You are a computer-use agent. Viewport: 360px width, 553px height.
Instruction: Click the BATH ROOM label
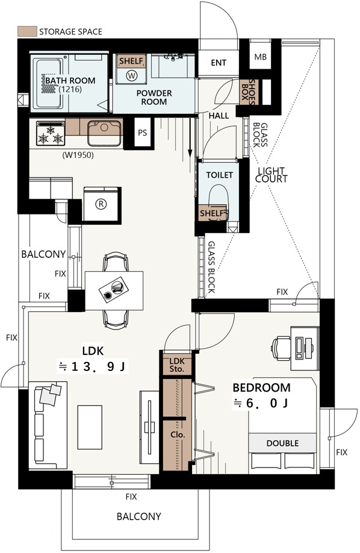pos(70,80)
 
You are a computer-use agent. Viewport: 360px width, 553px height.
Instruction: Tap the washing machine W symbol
pos(131,75)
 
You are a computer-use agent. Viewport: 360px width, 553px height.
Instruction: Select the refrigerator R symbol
pos(101,204)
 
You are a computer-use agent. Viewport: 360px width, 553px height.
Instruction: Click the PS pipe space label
pos(143,133)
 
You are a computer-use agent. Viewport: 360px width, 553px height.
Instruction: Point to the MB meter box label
pos(260,57)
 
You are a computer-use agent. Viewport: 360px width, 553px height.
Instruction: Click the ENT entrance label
pos(219,63)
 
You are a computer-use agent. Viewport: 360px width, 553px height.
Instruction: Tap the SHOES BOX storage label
pos(249,92)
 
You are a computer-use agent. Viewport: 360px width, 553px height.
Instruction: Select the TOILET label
pos(219,175)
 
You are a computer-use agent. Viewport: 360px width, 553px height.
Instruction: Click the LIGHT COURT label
pos(271,175)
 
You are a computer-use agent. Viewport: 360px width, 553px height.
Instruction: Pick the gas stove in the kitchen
pos(51,133)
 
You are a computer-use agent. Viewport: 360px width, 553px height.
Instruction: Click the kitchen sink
pos(104,133)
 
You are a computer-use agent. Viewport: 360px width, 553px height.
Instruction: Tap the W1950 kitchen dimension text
pos(78,155)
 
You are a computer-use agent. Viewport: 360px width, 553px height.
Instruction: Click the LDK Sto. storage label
pos(176,365)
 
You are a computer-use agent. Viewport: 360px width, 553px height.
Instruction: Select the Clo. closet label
pos(178,434)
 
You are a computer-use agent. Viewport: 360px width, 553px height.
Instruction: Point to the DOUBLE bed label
pos(282,443)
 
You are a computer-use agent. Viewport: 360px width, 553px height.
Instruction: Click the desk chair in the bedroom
pos(281,348)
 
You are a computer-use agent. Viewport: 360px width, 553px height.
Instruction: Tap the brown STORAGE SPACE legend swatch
pos(27,31)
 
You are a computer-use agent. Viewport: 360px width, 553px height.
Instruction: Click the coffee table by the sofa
pos(90,427)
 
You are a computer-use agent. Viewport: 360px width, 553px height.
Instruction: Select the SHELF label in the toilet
pos(211,213)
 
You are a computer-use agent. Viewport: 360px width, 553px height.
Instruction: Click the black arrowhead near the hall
pos(190,153)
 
